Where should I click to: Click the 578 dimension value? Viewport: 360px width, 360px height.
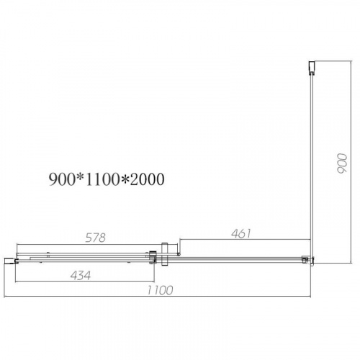click(96, 238)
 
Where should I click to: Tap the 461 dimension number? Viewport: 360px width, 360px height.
click(241, 233)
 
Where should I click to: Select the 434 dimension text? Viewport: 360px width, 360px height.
click(81, 276)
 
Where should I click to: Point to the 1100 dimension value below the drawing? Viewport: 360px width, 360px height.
click(160, 290)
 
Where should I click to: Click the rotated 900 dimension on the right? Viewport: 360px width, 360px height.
click(342, 163)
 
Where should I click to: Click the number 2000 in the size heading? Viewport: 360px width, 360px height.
click(147, 179)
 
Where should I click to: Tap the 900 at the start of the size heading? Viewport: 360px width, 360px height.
click(62, 179)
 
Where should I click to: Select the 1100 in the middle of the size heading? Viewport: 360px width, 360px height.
click(102, 179)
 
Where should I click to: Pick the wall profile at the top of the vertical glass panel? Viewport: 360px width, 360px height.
click(311, 68)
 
